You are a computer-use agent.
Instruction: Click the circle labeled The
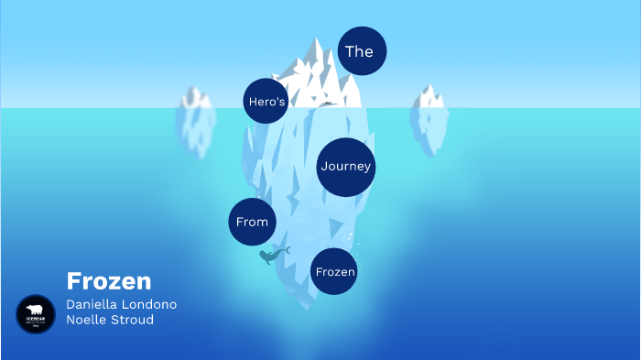362,51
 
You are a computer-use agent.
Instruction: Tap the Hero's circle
266,102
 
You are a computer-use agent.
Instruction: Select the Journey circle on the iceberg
346,167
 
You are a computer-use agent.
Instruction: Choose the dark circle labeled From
252,222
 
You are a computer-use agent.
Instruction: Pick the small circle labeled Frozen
334,271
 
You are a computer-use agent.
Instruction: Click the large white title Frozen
109,281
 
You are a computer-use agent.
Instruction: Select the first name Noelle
87,320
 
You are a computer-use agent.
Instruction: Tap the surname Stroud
133,320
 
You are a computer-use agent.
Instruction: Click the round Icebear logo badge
36,314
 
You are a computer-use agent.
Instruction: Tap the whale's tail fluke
286,249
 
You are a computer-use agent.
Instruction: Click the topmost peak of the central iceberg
317,40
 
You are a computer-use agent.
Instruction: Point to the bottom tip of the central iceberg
305,308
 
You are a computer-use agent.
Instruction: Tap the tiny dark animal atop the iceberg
327,104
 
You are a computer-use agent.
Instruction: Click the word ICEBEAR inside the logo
36,320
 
